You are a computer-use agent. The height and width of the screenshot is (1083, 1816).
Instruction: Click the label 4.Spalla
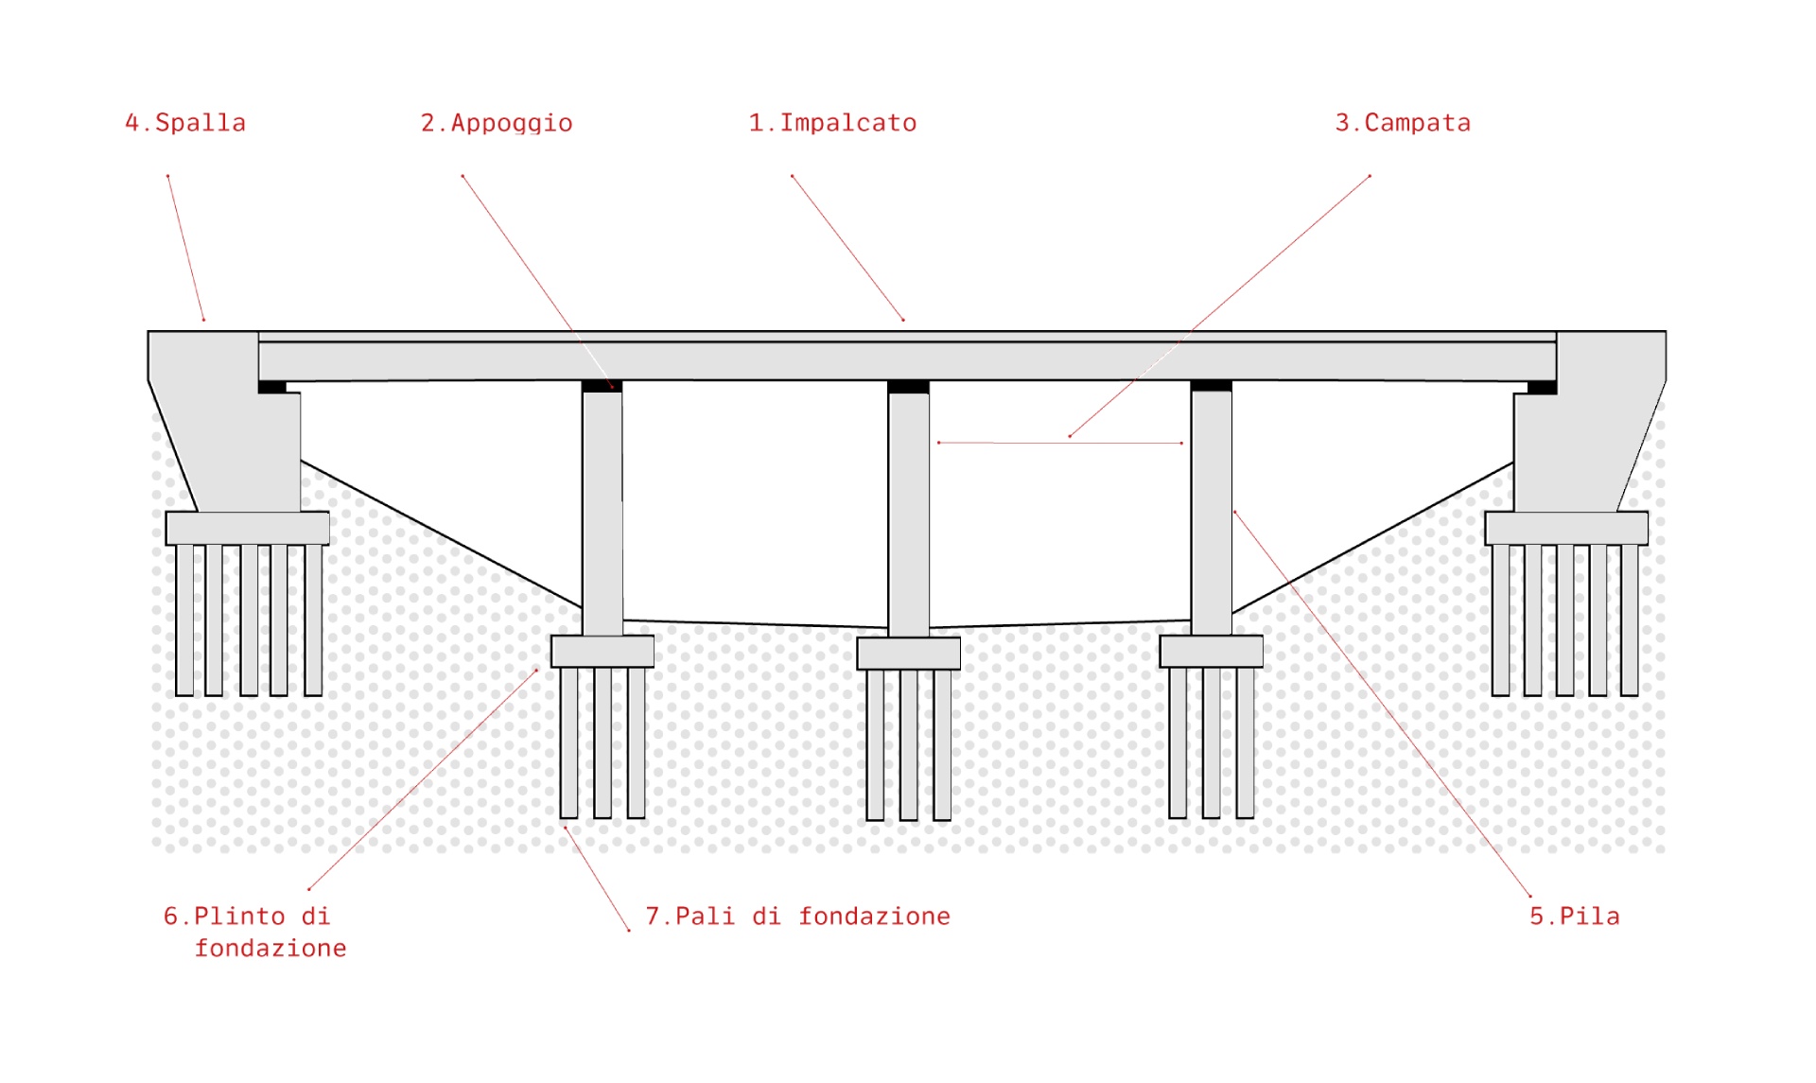click(185, 123)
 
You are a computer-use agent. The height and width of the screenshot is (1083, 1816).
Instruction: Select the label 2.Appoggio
click(497, 123)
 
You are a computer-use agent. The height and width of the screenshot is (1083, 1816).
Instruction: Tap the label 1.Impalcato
click(832, 123)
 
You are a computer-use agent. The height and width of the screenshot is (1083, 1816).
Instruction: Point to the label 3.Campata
click(1403, 123)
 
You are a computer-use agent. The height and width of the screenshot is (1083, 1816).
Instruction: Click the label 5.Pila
click(1575, 917)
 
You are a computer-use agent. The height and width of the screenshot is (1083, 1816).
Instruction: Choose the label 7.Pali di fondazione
click(797, 917)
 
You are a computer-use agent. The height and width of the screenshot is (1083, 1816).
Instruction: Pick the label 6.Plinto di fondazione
click(255, 932)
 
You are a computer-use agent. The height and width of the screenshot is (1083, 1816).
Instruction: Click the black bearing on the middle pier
click(908, 387)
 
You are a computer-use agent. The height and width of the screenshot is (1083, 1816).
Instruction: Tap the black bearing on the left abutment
click(272, 387)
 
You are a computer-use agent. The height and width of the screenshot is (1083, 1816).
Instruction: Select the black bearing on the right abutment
click(1542, 387)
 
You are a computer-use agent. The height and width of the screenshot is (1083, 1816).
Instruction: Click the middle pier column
click(908, 511)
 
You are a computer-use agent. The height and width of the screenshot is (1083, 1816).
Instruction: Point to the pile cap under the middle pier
click(908, 653)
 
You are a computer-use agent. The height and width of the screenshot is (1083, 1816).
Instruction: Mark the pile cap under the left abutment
click(247, 528)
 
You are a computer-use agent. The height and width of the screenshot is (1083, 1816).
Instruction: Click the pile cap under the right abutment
click(1566, 528)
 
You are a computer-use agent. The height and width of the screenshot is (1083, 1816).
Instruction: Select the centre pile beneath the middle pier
click(908, 743)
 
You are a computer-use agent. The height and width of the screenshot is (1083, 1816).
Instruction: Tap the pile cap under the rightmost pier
click(1211, 652)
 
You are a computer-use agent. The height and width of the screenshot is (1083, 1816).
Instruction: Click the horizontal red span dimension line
click(1059, 443)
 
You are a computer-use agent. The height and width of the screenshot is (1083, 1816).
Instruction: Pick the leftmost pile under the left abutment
click(184, 620)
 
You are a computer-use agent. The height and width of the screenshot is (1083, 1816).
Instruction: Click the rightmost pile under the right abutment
click(1629, 620)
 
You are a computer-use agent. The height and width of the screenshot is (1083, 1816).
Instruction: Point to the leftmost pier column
click(602, 511)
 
